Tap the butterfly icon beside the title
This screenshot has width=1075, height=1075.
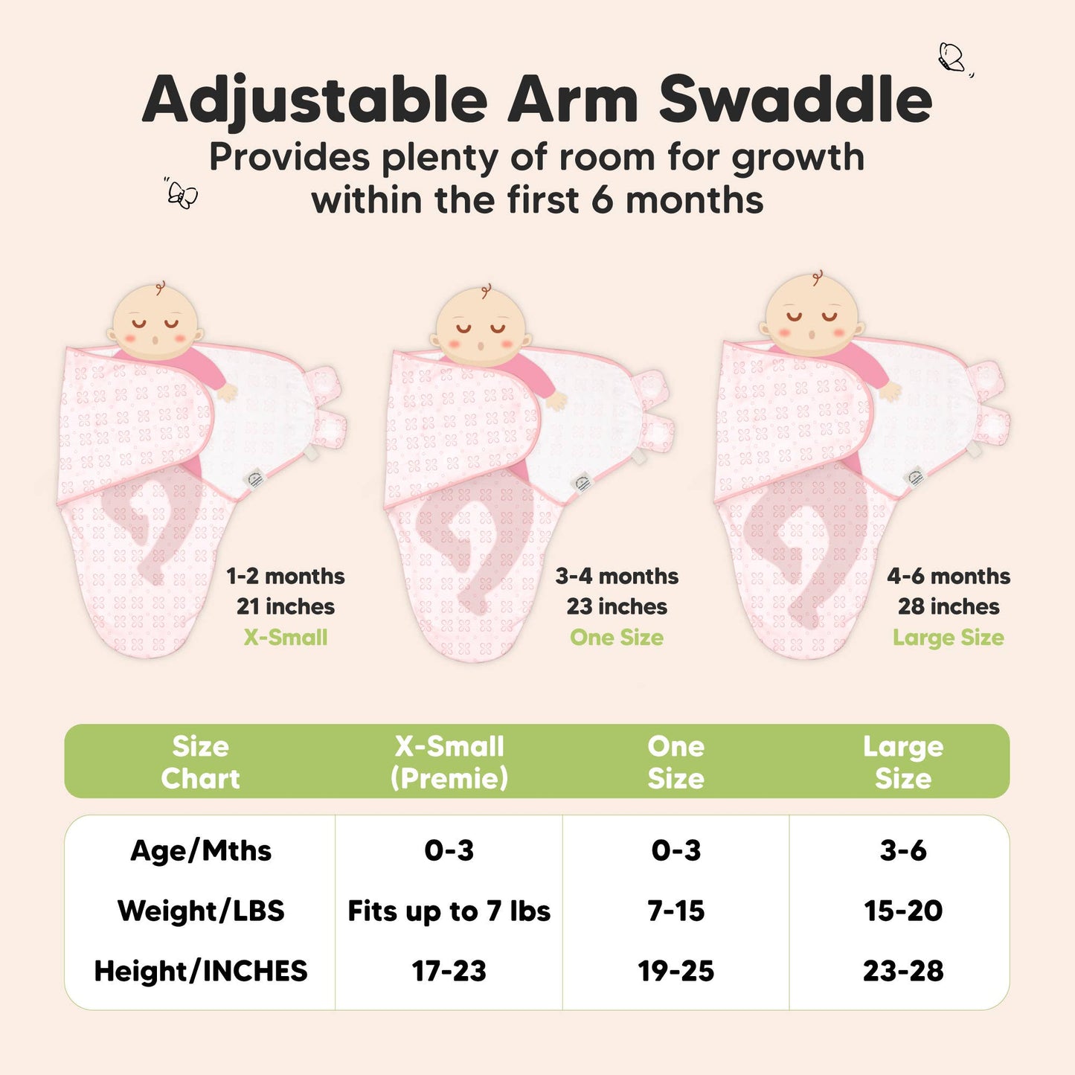coord(952,58)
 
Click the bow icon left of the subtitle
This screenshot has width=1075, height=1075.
coord(182,194)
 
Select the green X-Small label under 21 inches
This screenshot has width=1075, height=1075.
coord(286,638)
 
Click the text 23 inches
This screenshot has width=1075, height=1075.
coord(617,606)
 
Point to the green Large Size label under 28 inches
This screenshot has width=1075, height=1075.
coord(949,638)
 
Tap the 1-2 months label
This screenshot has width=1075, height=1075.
coord(286,576)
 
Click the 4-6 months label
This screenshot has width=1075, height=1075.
coord(949,576)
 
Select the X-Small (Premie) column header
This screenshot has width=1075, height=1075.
coord(449,762)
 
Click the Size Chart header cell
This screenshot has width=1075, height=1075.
coord(200,762)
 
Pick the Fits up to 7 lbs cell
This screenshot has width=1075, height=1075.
coord(449,911)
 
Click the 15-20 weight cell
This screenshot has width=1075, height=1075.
coord(903,911)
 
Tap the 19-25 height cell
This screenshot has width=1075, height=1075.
coord(676,971)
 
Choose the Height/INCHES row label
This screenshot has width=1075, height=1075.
coord(201,971)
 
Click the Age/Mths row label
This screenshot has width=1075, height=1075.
coord(201,850)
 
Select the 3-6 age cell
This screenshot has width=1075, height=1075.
coord(903,850)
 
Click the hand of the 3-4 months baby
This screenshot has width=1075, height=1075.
coord(555,400)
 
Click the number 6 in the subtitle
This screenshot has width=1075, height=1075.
coord(603,201)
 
